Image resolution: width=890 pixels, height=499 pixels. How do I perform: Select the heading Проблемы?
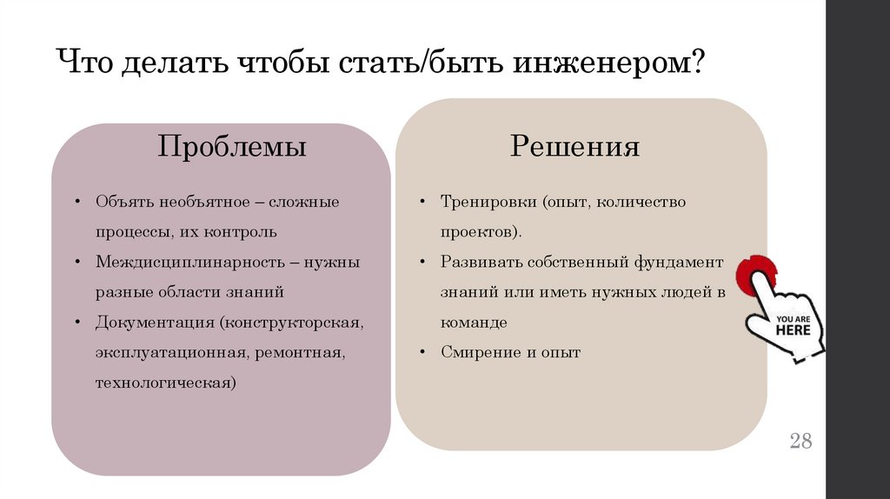[231, 146]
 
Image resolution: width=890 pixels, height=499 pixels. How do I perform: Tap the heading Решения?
[575, 146]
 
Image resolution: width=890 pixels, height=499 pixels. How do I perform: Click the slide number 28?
[800, 441]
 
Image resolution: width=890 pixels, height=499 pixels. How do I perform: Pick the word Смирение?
[479, 352]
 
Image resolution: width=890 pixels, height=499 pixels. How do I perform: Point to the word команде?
[473, 323]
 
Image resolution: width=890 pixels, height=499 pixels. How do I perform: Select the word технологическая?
[165, 383]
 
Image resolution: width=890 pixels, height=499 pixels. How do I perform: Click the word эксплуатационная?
[172, 353]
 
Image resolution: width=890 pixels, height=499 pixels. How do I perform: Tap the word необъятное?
[203, 202]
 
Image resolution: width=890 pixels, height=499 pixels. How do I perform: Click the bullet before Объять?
[77, 202]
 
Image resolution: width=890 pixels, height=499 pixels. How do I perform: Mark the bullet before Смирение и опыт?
[421, 352]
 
